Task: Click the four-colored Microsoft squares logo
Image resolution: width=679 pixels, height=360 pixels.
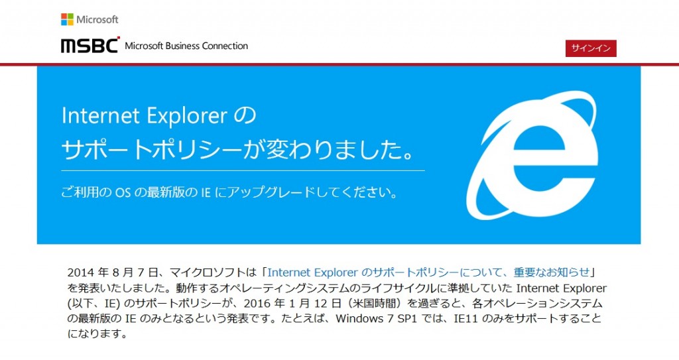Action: click(67, 19)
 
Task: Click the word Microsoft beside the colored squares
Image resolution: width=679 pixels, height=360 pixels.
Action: click(97, 19)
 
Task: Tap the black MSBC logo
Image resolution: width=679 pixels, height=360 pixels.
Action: click(90, 45)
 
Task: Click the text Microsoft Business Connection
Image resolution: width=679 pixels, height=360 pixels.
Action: click(186, 46)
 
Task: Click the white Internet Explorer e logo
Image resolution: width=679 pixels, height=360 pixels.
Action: click(532, 154)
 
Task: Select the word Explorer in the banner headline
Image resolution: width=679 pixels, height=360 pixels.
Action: click(186, 116)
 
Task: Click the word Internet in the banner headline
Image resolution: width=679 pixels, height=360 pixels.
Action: click(101, 115)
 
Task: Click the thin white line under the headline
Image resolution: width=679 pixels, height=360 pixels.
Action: click(243, 170)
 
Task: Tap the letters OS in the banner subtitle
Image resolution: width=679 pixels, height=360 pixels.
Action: click(123, 192)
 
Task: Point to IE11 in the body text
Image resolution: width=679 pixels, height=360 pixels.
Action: click(465, 318)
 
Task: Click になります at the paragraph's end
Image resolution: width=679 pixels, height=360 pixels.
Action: click(97, 334)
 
